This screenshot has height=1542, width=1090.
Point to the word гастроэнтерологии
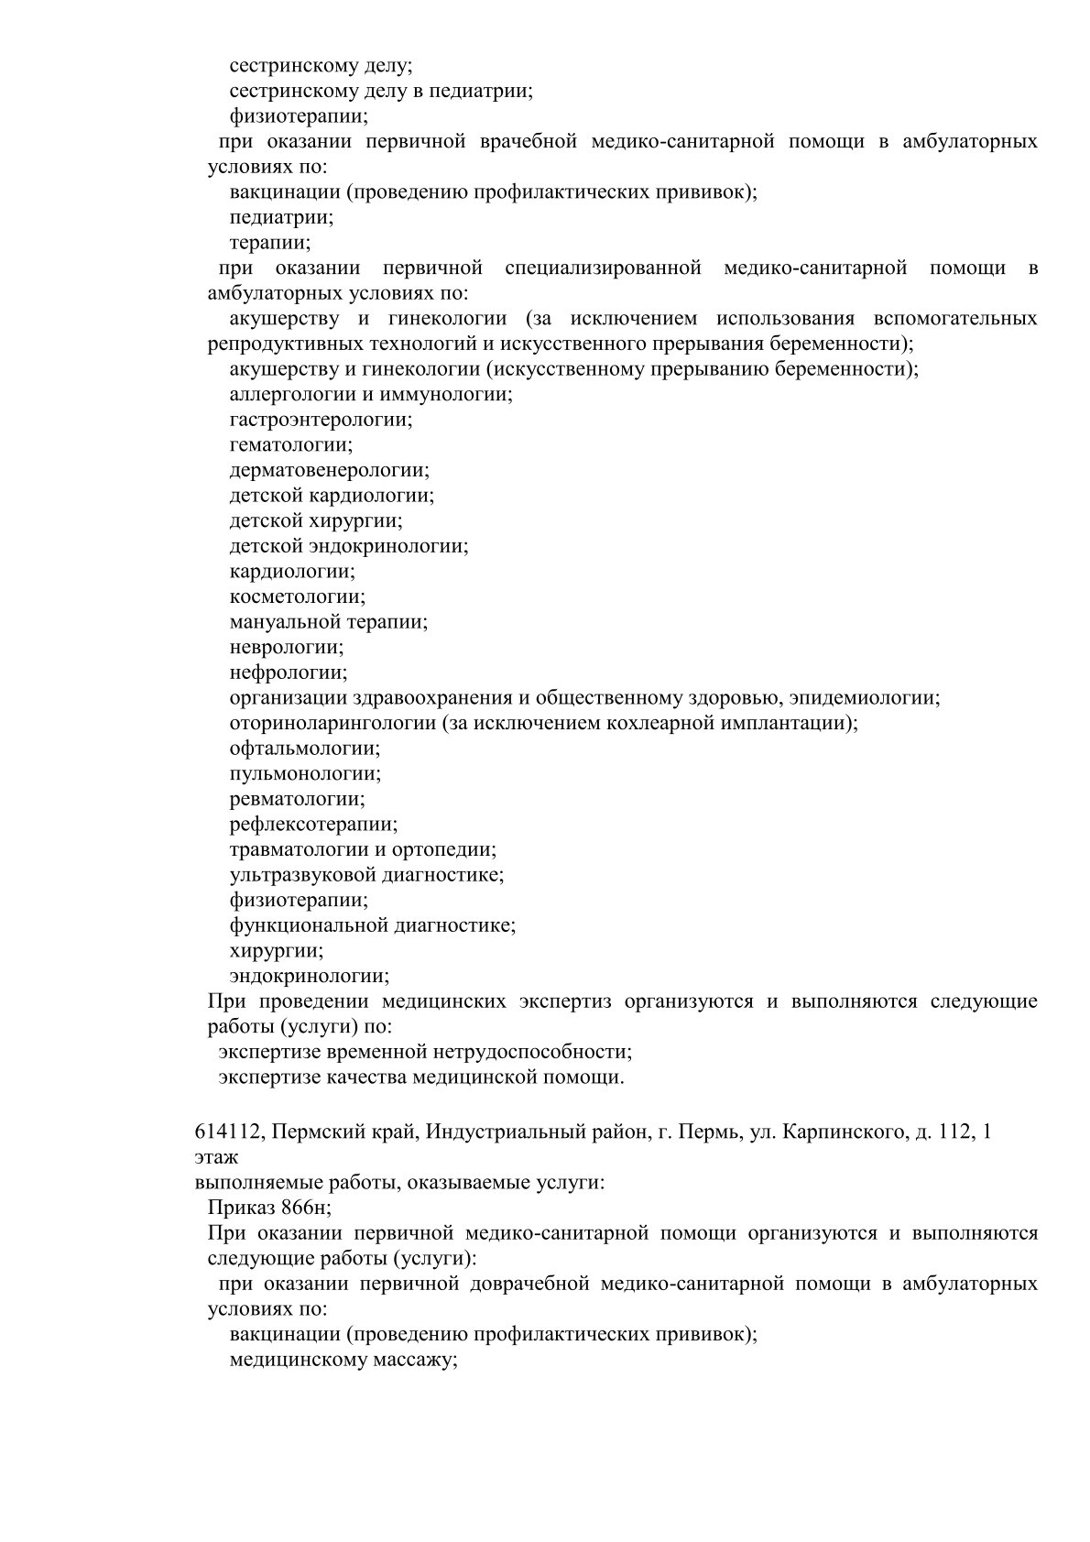321,420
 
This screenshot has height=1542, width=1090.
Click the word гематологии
290,445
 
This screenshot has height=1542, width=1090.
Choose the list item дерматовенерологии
329,470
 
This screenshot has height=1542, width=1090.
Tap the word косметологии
297,596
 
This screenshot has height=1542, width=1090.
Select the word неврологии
287,647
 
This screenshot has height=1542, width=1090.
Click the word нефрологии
288,673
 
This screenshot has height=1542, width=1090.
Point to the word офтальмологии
305,748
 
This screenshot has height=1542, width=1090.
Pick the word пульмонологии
305,773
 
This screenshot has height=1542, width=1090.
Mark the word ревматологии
296,799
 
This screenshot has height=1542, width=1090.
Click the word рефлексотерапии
313,824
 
